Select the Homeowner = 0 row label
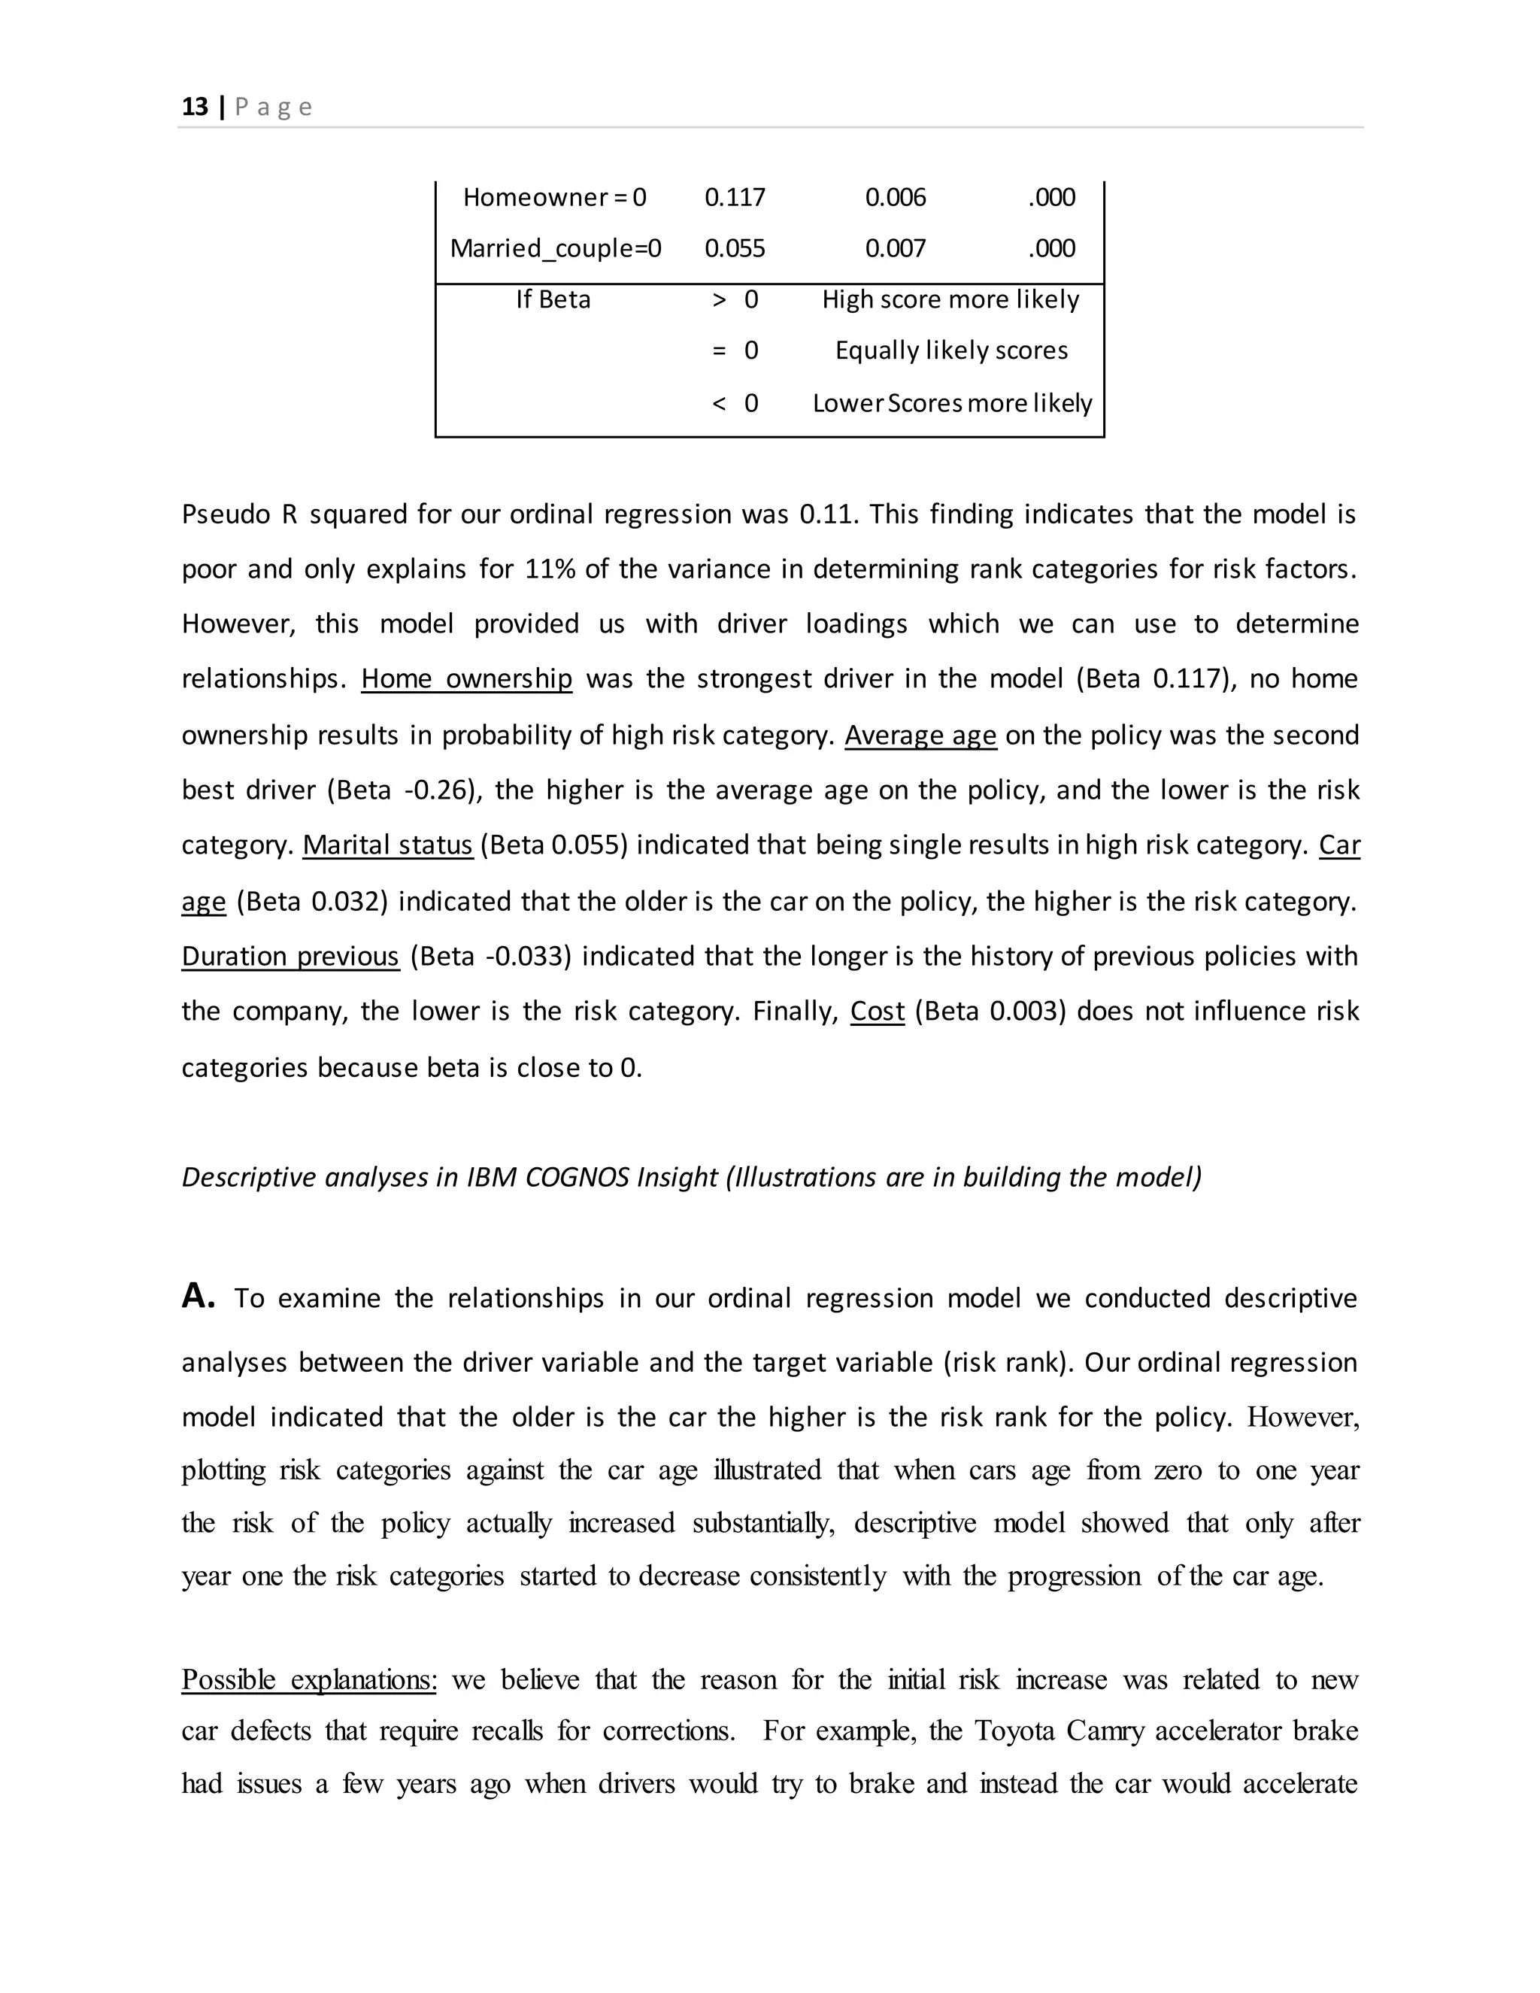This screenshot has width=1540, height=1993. tap(553, 197)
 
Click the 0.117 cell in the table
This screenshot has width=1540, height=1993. tap(735, 197)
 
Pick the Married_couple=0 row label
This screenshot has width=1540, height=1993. tap(556, 248)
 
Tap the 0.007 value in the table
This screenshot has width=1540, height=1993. tap(895, 248)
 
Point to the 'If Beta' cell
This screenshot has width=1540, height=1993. tap(553, 299)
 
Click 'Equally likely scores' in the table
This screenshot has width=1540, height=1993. tap(951, 350)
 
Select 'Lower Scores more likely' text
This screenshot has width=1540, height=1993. tap(951, 402)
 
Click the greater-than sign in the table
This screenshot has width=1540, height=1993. tap(719, 299)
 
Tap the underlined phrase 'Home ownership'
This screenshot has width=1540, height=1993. tap(466, 679)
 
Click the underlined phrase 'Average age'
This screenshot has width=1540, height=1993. tap(920, 735)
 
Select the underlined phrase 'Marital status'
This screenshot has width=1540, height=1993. tap(388, 845)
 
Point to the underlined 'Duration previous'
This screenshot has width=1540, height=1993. tap(290, 957)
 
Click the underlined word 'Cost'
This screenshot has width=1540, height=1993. tap(877, 1011)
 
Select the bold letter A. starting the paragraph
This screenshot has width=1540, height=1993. tap(198, 1296)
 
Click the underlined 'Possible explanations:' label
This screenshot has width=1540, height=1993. tap(308, 1679)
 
